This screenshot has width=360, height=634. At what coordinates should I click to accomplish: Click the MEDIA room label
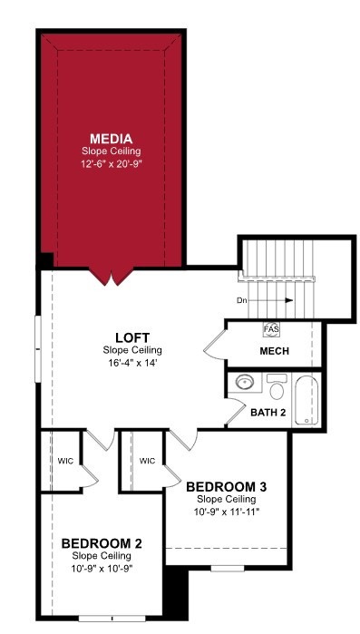point(112,139)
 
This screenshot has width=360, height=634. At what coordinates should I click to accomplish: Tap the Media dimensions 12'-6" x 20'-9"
point(112,164)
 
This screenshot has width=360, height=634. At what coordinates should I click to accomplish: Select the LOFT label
point(132,337)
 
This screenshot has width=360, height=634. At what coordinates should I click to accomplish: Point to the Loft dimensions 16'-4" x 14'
point(132,362)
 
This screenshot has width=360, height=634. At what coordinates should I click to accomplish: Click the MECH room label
point(275,351)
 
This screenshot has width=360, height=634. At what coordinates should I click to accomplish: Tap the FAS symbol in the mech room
point(271,329)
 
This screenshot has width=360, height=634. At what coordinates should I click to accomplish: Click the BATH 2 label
point(268,413)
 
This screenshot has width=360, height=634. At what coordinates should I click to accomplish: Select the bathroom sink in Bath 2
point(245,382)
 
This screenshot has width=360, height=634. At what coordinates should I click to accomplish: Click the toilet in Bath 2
point(277,387)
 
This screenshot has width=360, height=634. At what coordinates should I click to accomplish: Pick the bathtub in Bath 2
point(306,400)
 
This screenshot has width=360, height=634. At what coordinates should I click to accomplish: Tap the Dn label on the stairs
point(242,301)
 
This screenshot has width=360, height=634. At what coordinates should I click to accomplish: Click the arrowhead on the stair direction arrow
point(289,300)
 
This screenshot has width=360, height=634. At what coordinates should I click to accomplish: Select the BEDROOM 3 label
point(227,487)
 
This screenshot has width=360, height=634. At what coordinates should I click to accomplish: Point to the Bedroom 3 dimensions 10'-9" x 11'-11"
point(227,512)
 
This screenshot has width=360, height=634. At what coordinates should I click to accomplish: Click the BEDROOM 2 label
point(102,543)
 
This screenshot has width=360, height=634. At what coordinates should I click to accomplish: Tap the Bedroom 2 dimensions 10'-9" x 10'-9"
point(102,569)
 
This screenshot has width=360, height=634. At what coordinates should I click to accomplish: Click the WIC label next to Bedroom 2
point(65,461)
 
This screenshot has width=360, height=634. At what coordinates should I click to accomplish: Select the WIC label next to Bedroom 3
point(148,461)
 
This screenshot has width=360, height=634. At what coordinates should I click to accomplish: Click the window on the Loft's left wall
point(38,348)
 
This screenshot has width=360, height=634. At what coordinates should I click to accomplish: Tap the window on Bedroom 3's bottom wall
point(228,569)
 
